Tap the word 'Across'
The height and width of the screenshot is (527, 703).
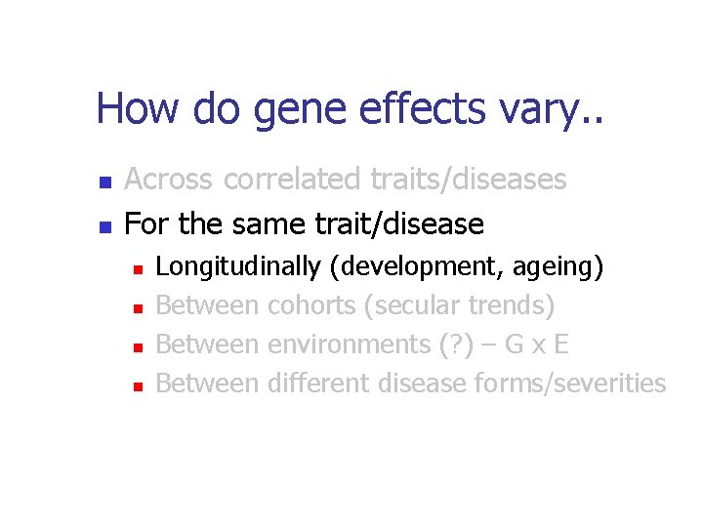point(170,180)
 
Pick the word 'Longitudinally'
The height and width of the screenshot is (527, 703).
point(238,266)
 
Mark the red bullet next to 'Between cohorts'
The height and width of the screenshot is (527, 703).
point(139,307)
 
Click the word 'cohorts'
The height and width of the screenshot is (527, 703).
point(311,305)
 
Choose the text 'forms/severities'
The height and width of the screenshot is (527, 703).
point(569,384)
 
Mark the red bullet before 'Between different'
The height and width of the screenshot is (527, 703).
point(139,385)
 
